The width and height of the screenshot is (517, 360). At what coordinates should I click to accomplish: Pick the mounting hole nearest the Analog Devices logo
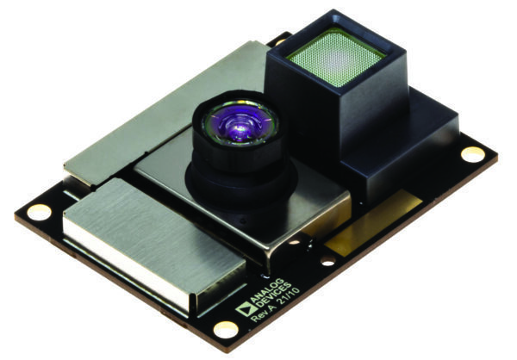[x=225, y=328]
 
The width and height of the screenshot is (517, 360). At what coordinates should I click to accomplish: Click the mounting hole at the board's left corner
[x=38, y=211]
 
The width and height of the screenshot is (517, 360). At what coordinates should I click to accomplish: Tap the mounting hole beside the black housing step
[x=472, y=153]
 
